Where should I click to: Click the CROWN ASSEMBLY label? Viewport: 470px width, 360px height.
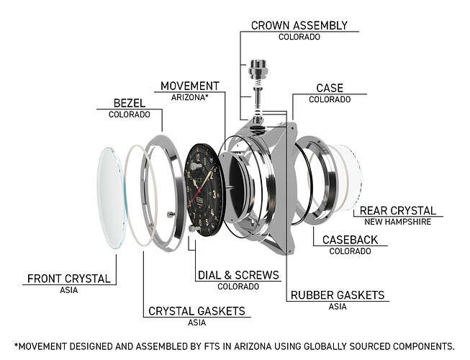[x=299, y=25]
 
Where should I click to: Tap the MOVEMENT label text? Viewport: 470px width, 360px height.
[x=189, y=86]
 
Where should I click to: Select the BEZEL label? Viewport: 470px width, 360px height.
[x=129, y=103]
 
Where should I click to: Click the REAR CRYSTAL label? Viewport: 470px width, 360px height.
[x=397, y=210]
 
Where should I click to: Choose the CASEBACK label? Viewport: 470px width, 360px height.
[x=350, y=239]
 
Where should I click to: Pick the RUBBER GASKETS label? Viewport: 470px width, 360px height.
[x=337, y=294]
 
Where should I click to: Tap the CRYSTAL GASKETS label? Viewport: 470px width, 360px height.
[x=196, y=311]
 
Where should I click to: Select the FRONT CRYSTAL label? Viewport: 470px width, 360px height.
[x=69, y=279]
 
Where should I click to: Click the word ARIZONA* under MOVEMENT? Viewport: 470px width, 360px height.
[x=189, y=96]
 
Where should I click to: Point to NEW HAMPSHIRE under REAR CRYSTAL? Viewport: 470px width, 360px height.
[x=397, y=222]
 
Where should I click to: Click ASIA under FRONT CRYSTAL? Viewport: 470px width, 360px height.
[x=69, y=290]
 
